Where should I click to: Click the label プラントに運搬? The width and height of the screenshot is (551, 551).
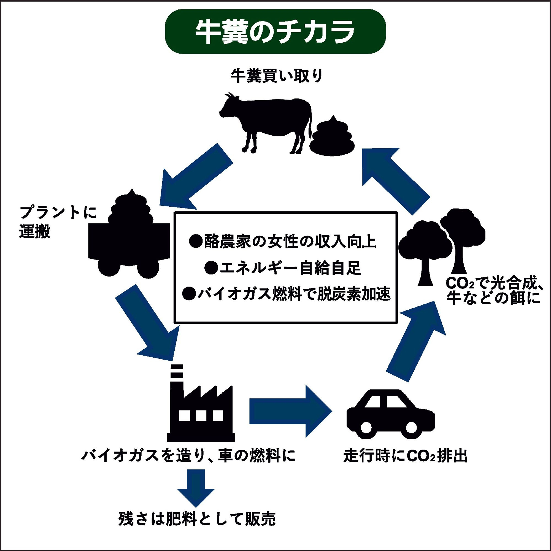coord(57,222)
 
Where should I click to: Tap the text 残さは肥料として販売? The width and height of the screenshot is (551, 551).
coord(197,519)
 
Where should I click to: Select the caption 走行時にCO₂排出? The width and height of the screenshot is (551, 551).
coord(405,456)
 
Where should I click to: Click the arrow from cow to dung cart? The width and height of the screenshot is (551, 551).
coord(194,180)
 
